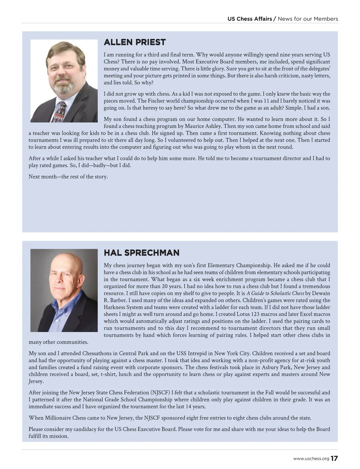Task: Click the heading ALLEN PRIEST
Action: click(x=135, y=42)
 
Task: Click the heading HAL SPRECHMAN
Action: click(x=141, y=253)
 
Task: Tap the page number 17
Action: click(x=334, y=458)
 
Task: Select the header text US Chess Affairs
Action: click(x=250, y=19)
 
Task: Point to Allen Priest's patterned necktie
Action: click(x=59, y=112)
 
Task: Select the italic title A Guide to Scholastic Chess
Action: click(x=275, y=293)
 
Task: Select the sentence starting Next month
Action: click(x=68, y=176)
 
